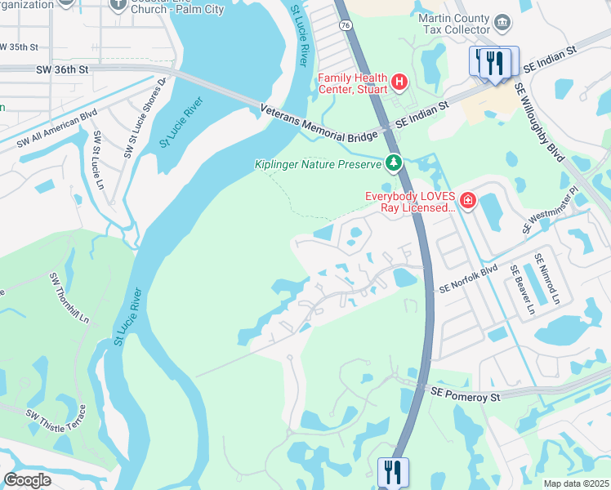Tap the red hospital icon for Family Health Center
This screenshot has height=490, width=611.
pos(399,82)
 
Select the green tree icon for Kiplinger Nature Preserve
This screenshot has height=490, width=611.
pos(394,163)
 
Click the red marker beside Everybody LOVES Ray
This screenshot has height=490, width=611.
pos(467,201)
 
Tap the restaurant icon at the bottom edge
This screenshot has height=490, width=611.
pos(392,472)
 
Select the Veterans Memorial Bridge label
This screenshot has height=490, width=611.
pos(319,125)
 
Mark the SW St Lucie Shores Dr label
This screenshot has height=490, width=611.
pos(145,118)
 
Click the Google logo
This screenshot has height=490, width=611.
pos(27,480)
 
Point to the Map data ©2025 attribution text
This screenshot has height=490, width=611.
pos(576,483)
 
